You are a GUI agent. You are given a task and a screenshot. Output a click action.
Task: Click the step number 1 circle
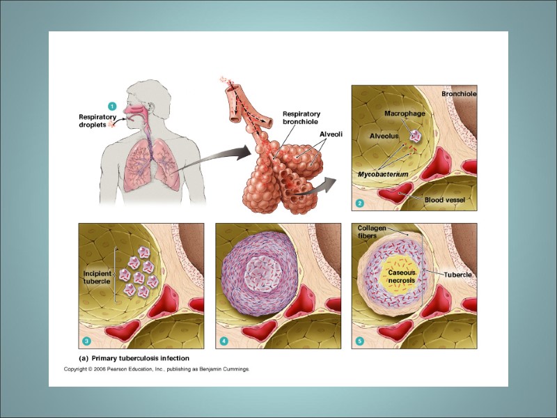(x=111, y=105)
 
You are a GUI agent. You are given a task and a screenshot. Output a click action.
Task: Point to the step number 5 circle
(x=360, y=341)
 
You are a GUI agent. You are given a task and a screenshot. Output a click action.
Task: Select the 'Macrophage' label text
(x=405, y=113)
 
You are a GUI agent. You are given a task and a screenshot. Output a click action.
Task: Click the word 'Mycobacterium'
(x=383, y=173)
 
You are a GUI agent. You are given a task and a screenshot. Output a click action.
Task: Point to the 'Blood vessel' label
(x=445, y=200)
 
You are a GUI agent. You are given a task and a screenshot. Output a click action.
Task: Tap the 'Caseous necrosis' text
(x=402, y=277)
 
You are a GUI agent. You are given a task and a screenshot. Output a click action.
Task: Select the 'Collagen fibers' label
(x=370, y=232)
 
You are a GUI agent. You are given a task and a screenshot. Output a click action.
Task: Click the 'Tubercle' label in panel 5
(x=459, y=275)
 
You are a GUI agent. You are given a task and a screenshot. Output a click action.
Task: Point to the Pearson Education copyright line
(x=157, y=369)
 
